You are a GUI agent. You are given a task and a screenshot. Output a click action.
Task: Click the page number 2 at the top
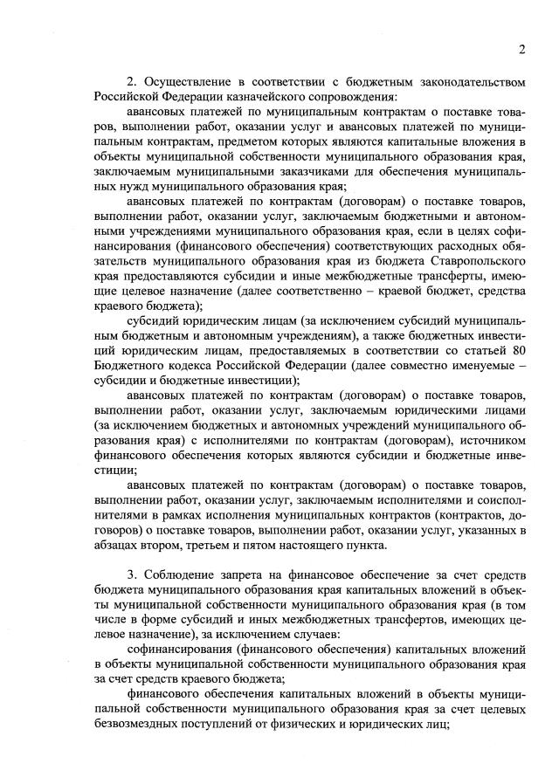pos(521,49)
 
